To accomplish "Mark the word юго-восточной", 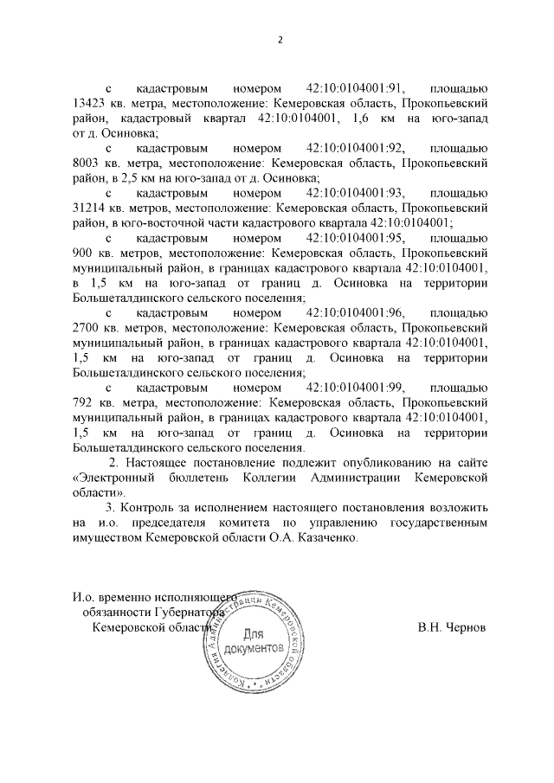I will (x=162, y=221).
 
